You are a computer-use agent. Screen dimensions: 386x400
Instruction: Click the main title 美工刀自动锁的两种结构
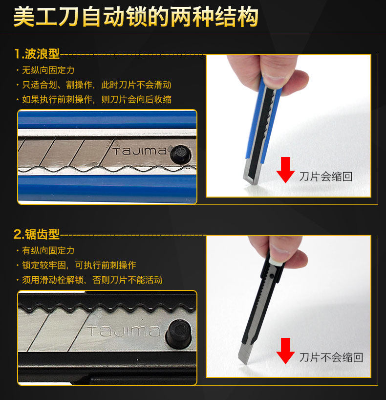point(136,17)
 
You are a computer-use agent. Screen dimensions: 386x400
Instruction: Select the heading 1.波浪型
point(37,54)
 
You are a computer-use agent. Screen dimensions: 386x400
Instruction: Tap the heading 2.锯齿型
point(37,234)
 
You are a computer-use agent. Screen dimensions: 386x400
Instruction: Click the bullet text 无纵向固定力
point(48,70)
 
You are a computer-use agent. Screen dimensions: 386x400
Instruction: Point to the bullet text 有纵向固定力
point(48,250)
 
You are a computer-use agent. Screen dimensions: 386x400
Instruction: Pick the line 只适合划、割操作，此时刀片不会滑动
point(97,85)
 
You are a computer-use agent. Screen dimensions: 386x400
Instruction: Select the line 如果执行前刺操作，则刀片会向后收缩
point(97,99)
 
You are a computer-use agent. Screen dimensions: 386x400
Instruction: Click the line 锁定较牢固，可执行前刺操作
point(79,266)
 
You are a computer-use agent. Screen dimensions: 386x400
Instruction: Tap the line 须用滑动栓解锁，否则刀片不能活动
point(92,280)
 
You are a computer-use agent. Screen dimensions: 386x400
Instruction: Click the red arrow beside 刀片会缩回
point(285,169)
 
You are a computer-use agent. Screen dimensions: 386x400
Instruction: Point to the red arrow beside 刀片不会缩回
point(285,351)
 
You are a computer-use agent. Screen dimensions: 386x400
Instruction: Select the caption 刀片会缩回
point(326,177)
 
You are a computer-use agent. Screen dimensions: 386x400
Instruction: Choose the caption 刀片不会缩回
point(331,357)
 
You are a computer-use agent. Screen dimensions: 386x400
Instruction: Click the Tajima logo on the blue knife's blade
point(139,151)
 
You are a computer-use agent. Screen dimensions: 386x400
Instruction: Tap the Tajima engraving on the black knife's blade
point(124,331)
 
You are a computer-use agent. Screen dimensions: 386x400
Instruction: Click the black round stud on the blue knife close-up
point(181,155)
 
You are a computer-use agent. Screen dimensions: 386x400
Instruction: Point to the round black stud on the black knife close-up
point(178,333)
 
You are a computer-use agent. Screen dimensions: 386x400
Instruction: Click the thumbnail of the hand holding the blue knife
point(288,126)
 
